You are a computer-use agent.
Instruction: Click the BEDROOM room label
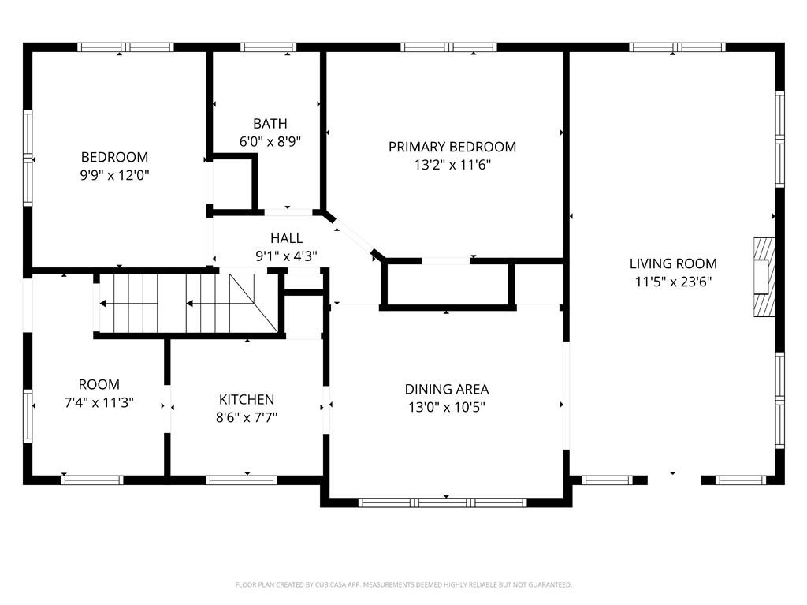(114, 157)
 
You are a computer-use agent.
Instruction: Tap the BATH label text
(270, 124)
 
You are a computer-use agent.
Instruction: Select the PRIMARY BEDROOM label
(452, 147)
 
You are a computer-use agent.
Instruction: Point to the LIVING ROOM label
(673, 263)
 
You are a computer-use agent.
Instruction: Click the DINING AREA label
(447, 389)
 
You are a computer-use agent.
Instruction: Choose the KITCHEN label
(247, 399)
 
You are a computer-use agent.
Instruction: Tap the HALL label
(286, 238)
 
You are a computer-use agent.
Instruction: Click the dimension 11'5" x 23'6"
(673, 282)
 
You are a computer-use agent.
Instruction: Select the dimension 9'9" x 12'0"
(114, 175)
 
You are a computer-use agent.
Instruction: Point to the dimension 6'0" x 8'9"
(270, 141)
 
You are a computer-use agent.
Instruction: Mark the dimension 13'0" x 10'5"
(447, 407)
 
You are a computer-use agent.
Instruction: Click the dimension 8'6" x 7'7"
(247, 417)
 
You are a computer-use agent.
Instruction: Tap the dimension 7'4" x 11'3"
(99, 402)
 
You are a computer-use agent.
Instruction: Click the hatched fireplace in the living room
(764, 277)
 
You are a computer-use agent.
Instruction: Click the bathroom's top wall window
(268, 47)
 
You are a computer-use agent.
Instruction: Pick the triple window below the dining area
(443, 502)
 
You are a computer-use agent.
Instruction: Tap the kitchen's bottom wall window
(241, 480)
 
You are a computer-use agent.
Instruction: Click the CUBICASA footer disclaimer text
(403, 585)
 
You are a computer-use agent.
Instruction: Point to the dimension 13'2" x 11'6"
(452, 165)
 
